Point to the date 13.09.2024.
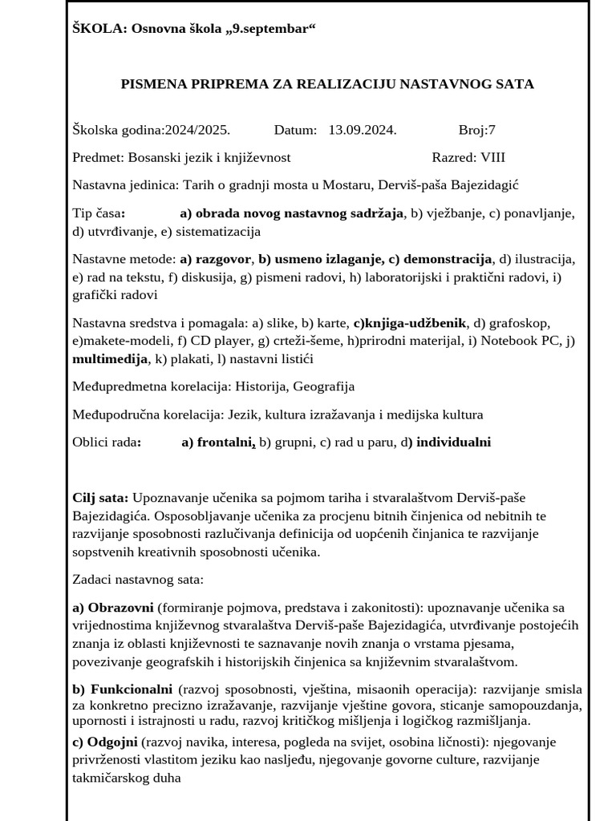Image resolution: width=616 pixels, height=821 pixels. click(363, 130)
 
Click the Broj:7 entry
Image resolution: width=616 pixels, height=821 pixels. click(477, 130)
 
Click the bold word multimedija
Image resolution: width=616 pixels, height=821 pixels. click(110, 359)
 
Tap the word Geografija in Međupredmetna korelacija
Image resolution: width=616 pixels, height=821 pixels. click(323, 386)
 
